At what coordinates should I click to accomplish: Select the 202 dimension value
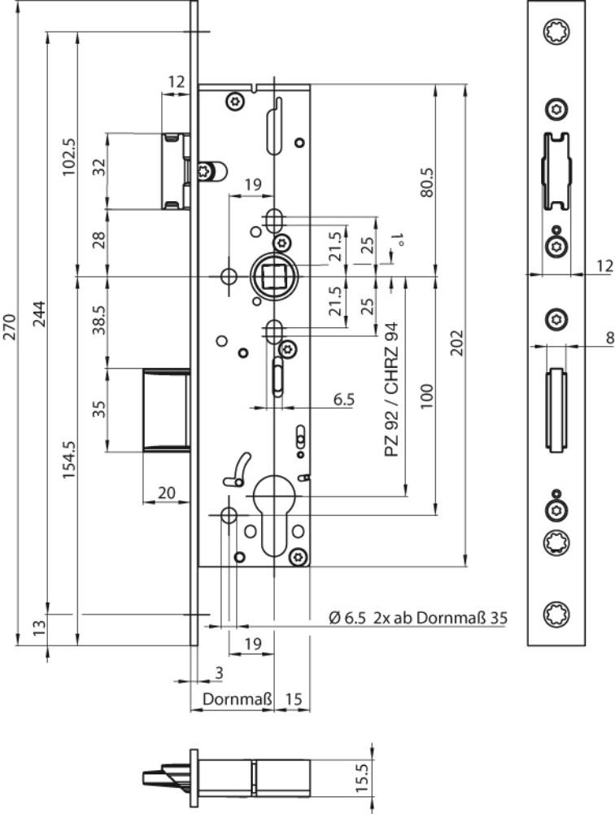tap(456, 342)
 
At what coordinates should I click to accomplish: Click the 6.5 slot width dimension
tap(343, 399)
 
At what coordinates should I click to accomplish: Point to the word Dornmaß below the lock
tap(231, 699)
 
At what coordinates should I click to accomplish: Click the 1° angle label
tap(398, 240)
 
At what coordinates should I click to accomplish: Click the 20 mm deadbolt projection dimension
tap(165, 492)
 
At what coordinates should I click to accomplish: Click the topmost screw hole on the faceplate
tap(556, 33)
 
